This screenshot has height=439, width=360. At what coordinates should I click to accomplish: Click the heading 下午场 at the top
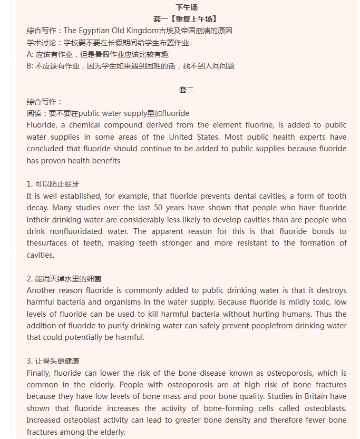coord(186,7)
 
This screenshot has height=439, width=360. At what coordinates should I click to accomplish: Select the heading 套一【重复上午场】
coord(186,19)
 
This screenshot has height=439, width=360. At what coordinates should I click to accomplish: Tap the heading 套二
coord(186,90)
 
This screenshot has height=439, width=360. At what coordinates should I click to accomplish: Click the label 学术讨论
coord(43,43)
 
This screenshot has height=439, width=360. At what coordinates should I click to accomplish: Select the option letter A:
coord(30,54)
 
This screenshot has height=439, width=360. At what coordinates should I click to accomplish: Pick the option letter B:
coord(30,66)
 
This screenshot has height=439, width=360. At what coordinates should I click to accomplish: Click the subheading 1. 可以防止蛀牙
coord(53,184)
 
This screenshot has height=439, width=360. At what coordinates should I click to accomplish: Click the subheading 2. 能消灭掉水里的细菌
coord(64,278)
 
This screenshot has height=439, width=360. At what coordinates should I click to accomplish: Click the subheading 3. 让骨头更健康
coord(53,361)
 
